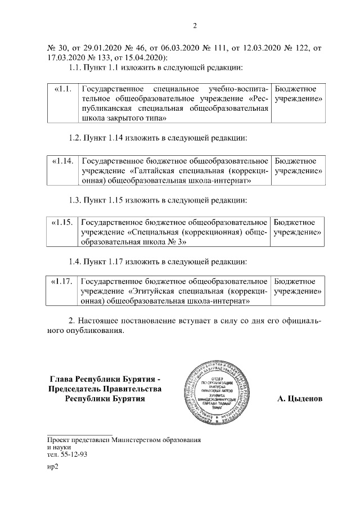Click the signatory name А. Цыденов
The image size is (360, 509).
point(300,399)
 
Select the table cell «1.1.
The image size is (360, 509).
point(63,89)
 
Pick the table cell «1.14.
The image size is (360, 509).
point(63,161)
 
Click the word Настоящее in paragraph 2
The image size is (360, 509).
point(99,320)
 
